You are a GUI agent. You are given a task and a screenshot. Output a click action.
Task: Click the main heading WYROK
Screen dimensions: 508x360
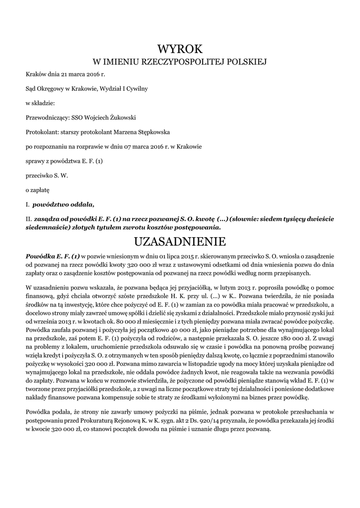(180, 49)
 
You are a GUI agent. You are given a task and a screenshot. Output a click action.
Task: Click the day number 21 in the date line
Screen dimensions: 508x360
(64, 74)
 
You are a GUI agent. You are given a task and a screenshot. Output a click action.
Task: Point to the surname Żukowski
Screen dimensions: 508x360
(121, 118)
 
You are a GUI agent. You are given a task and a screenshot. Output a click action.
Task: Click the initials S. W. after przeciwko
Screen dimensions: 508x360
(61, 175)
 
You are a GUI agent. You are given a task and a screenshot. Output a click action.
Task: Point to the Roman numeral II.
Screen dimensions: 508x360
(28, 218)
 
